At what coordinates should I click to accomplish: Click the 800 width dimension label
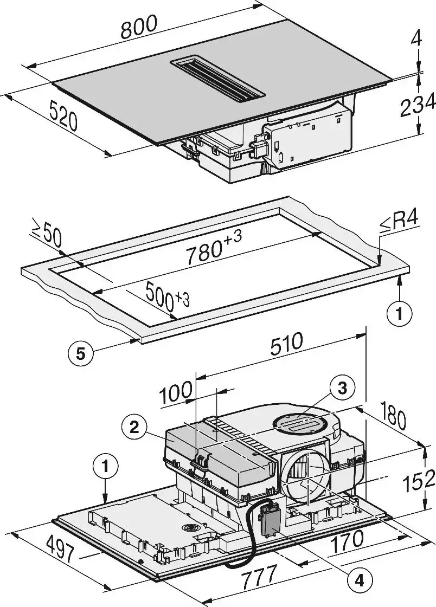point(139,28)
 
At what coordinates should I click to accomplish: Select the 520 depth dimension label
point(63,115)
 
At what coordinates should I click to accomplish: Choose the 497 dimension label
point(59,548)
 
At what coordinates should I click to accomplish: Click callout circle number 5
point(80,354)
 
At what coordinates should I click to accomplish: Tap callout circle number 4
point(358,580)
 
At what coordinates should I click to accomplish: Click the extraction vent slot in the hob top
point(218,79)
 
